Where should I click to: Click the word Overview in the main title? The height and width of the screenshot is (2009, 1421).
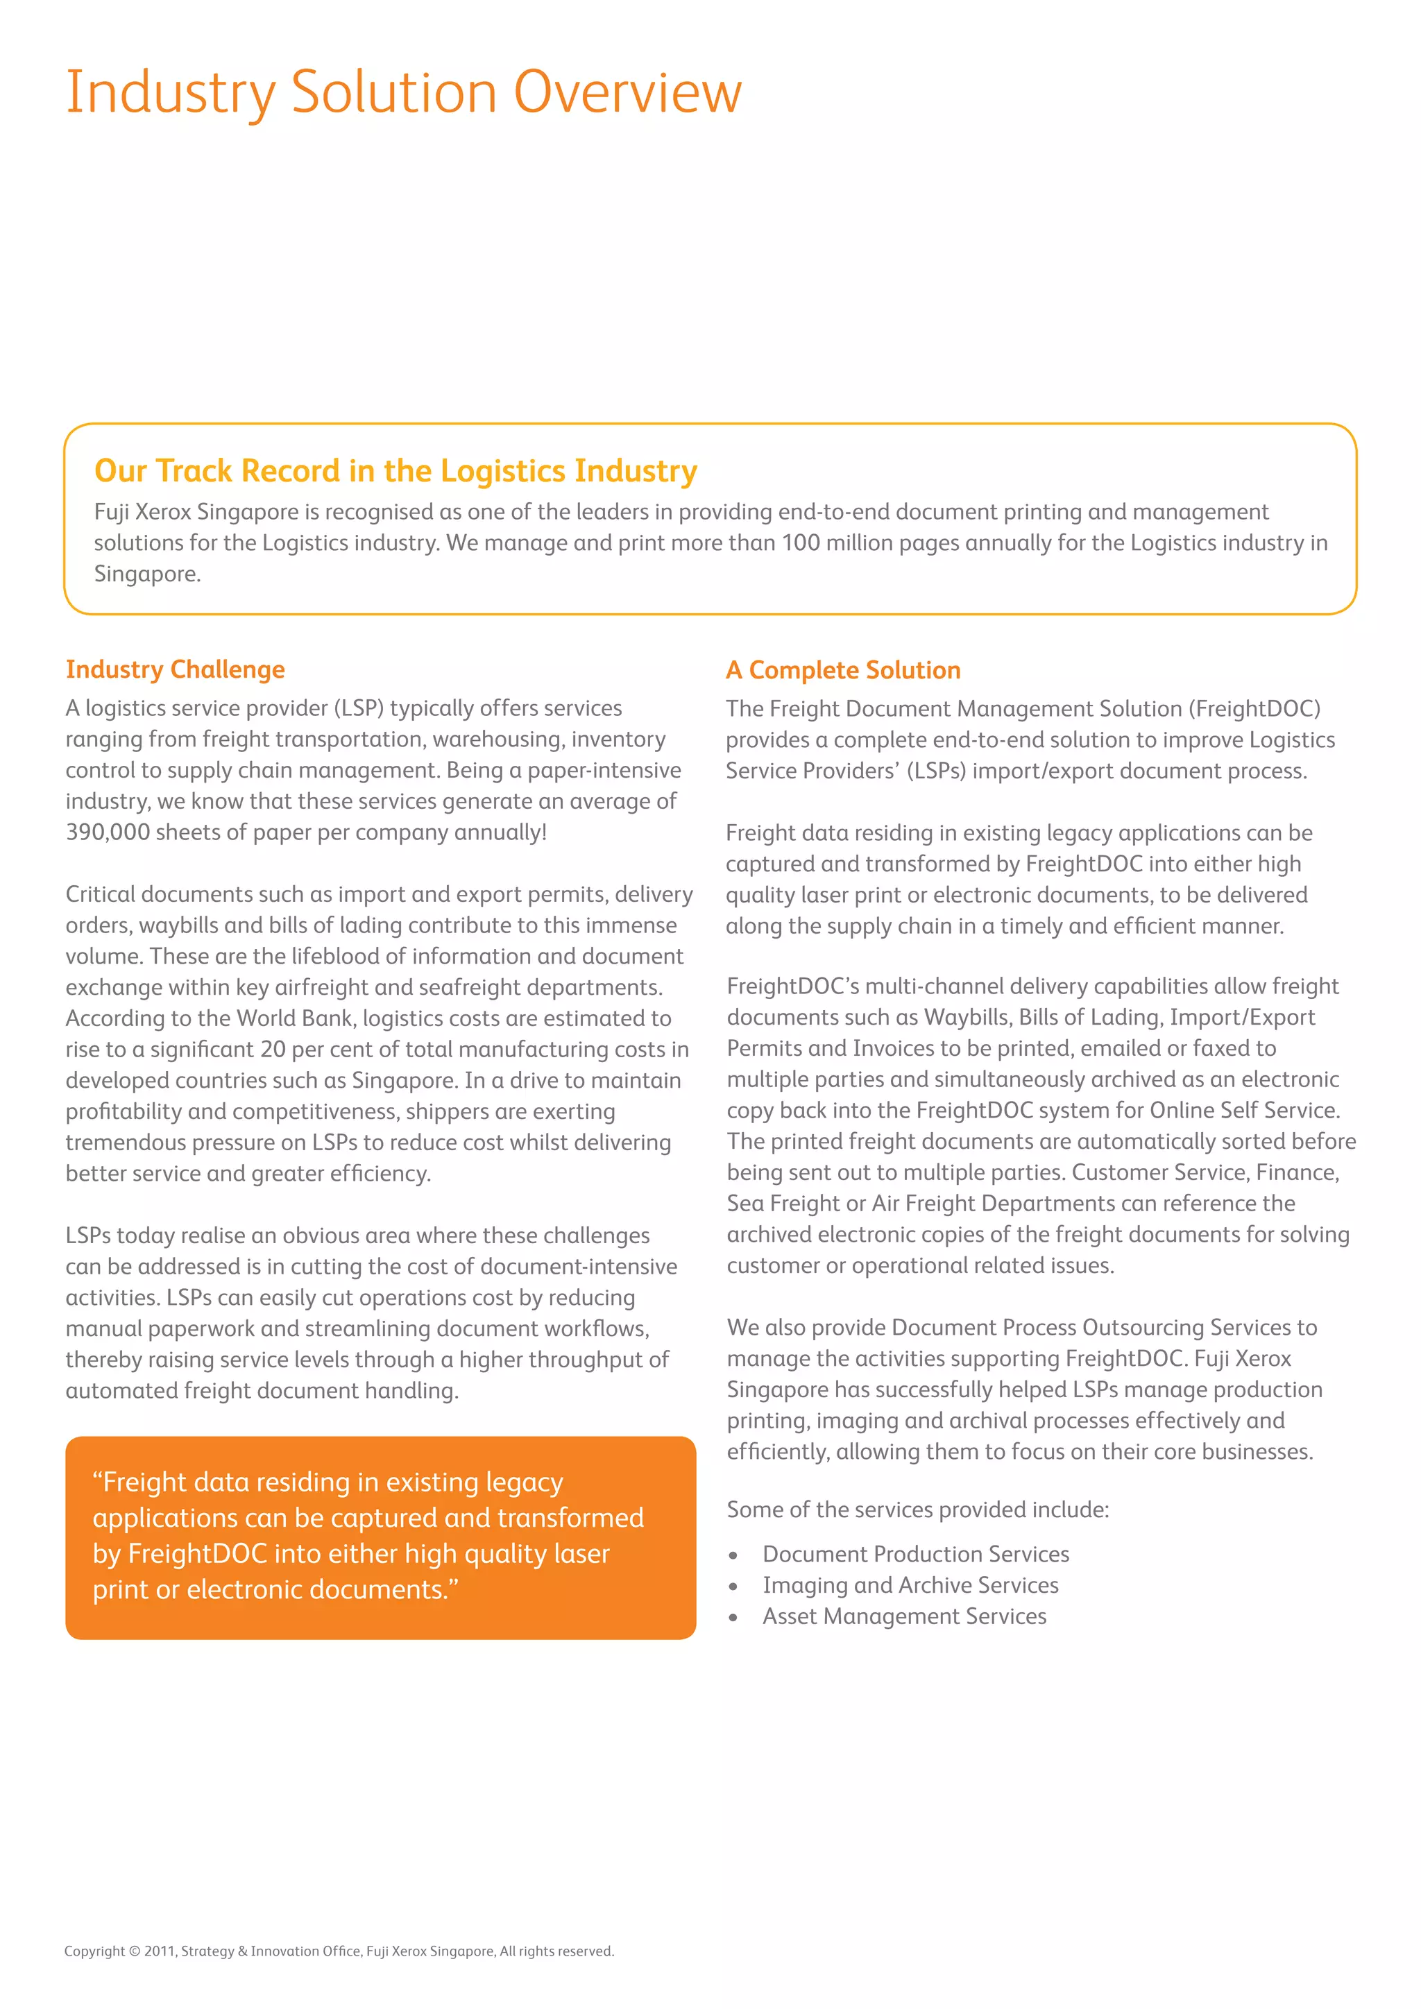click(627, 92)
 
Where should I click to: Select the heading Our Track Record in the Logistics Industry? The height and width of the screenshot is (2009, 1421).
click(395, 471)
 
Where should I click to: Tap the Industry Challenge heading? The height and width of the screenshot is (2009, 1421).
click(175, 669)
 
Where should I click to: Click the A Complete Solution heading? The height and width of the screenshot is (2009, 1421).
click(842, 670)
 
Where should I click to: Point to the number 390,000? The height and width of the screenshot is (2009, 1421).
click(108, 832)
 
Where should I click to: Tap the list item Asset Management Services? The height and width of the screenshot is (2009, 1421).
click(904, 1616)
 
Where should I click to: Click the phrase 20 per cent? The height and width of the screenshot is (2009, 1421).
click(328, 1049)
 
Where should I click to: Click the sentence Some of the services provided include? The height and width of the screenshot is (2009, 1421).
click(917, 1510)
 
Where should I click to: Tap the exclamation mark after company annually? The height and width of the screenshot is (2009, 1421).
click(543, 832)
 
